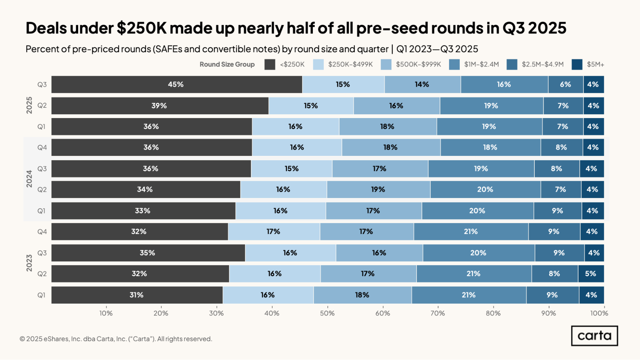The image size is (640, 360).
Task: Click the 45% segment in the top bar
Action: [177, 84]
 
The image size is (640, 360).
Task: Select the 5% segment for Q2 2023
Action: [591, 274]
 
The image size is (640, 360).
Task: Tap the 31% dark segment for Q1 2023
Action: [137, 295]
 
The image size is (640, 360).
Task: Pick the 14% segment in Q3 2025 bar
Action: [423, 84]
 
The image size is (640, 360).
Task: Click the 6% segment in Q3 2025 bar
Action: [566, 84]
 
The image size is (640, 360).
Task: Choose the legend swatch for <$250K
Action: [270, 64]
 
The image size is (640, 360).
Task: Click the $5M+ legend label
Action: [595, 64]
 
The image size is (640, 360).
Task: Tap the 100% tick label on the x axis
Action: [599, 313]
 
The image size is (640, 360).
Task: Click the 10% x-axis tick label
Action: [106, 313]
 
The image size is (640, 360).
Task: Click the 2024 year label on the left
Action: [29, 179]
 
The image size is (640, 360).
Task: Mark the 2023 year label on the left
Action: [29, 263]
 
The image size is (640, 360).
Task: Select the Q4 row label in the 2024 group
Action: [42, 148]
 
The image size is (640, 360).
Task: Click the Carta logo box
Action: [595, 336]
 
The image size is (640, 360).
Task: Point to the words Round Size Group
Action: [227, 64]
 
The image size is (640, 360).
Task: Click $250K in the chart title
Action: [142, 28]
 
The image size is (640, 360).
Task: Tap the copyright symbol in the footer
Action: [22, 339]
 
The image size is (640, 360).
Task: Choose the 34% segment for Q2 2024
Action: [146, 189]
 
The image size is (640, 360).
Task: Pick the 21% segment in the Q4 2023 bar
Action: [471, 232]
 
